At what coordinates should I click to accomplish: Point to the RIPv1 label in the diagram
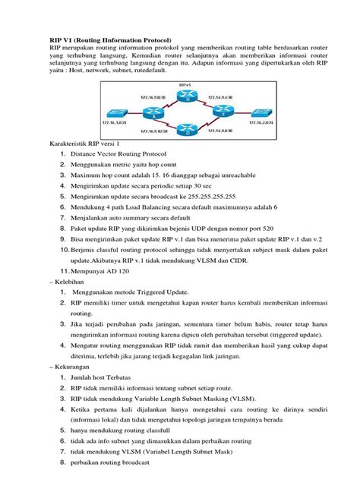[182, 85]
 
